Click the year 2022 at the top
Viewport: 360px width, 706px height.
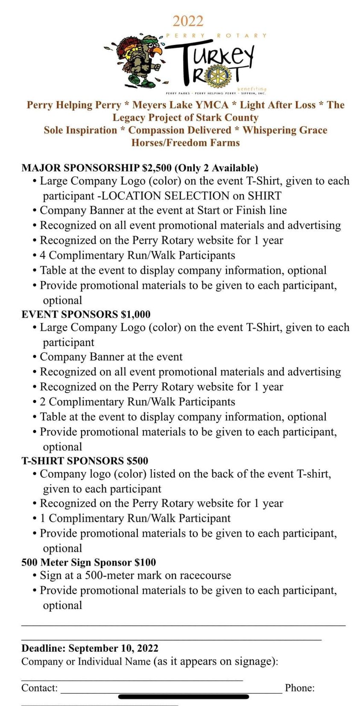click(188, 21)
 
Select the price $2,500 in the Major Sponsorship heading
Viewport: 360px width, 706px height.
click(158, 168)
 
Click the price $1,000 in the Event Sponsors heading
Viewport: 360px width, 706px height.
click(136, 315)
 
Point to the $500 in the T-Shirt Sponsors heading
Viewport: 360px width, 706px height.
click(138, 461)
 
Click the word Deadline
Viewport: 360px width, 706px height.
click(43, 648)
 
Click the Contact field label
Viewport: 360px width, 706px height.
click(39, 688)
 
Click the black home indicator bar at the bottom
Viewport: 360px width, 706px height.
click(183, 697)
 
